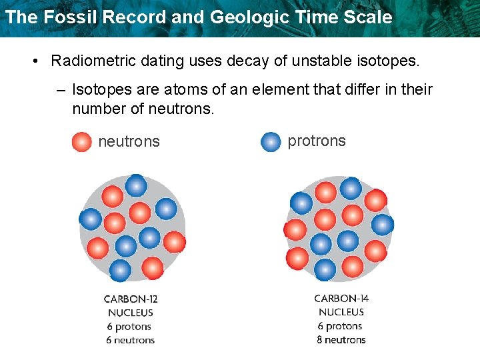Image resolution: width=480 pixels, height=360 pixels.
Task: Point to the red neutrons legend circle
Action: pyautogui.click(x=81, y=141)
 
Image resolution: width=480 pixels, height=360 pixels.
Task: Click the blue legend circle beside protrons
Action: pyautogui.click(x=271, y=141)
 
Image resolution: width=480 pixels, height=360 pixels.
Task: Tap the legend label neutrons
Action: pyautogui.click(x=129, y=141)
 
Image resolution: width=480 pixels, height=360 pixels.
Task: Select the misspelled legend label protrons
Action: pyautogui.click(x=316, y=141)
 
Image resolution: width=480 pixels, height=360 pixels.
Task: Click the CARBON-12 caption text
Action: pyautogui.click(x=131, y=299)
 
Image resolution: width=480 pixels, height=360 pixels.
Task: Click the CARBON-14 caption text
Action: pyautogui.click(x=341, y=299)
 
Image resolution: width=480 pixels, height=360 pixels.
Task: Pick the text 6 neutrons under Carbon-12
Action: pyautogui.click(x=131, y=340)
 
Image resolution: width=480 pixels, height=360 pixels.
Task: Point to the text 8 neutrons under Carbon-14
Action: pyautogui.click(x=341, y=339)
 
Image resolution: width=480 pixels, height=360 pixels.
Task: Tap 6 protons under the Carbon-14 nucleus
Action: pyautogui.click(x=340, y=326)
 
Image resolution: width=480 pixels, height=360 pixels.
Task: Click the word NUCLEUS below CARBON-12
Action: pyautogui.click(x=131, y=313)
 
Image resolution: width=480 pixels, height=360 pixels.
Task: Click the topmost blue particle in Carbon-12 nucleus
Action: pyautogui.click(x=136, y=185)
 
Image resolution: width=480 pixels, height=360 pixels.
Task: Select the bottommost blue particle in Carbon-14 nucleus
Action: pyautogui.click(x=325, y=269)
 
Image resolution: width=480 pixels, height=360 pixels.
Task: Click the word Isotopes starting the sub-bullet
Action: pyautogui.click(x=99, y=89)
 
